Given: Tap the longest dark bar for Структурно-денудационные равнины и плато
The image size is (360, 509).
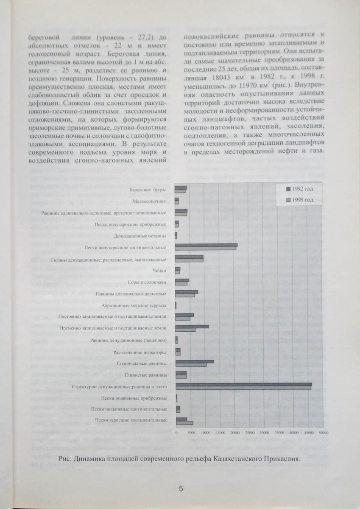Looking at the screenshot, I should click(243, 384).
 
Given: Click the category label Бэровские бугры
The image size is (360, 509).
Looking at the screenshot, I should click(148, 189).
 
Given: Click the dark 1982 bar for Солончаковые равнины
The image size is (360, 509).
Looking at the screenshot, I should click(195, 361).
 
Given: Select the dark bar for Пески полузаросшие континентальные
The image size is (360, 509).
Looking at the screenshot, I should click(207, 245).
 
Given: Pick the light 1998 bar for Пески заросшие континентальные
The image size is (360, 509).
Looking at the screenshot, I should click(184, 422).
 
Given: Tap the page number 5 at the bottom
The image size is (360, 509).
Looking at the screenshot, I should click(181, 489).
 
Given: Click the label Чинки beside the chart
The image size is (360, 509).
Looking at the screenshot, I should click(159, 270).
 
